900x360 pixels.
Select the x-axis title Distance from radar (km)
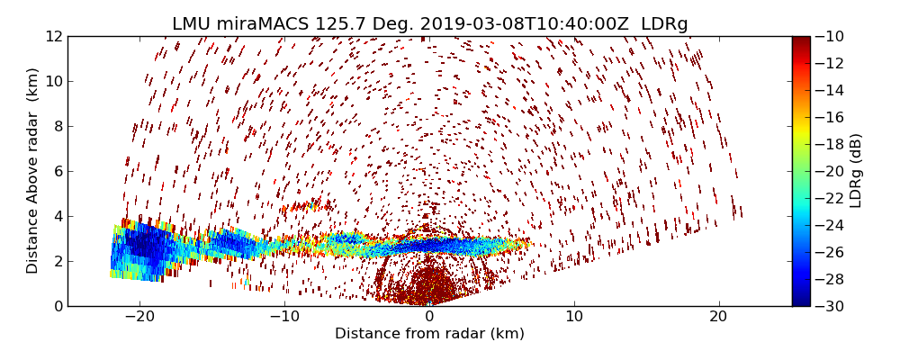(429, 334)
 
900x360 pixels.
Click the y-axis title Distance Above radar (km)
(33, 171)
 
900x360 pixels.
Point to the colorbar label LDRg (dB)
(856, 171)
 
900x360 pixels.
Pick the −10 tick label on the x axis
(283, 318)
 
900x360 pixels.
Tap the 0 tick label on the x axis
(429, 318)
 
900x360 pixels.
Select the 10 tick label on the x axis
(574, 318)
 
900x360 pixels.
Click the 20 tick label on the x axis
(718, 318)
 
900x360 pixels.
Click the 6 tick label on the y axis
(57, 171)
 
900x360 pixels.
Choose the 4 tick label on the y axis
(57, 216)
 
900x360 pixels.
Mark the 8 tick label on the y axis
(57, 126)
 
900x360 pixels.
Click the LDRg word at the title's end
(664, 24)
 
